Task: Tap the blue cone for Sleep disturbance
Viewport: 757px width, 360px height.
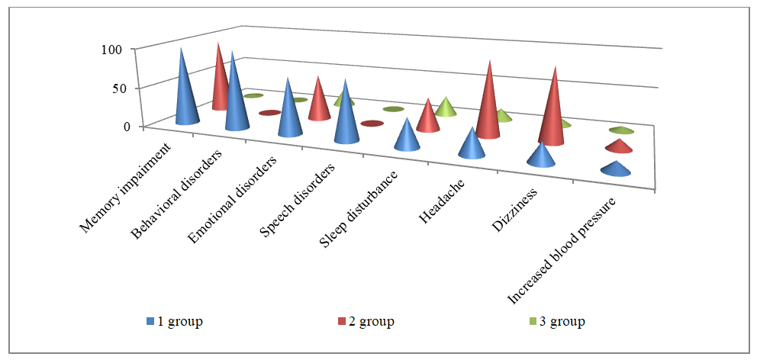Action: coord(407,137)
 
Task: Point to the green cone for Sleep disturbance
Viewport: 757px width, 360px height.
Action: coord(446,108)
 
